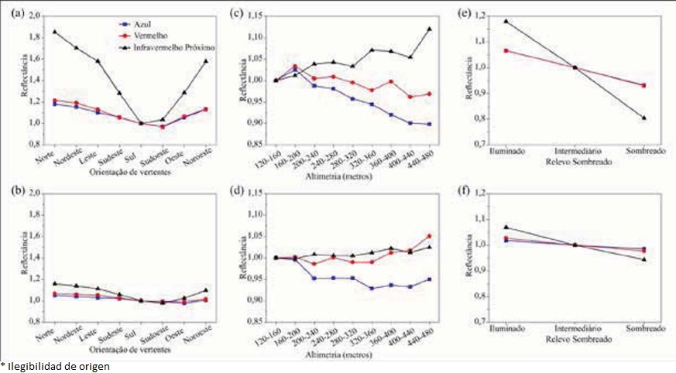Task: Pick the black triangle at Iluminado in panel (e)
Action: (x=506, y=22)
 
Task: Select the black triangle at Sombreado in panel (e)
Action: (x=643, y=118)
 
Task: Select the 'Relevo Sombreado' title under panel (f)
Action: (x=575, y=338)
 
